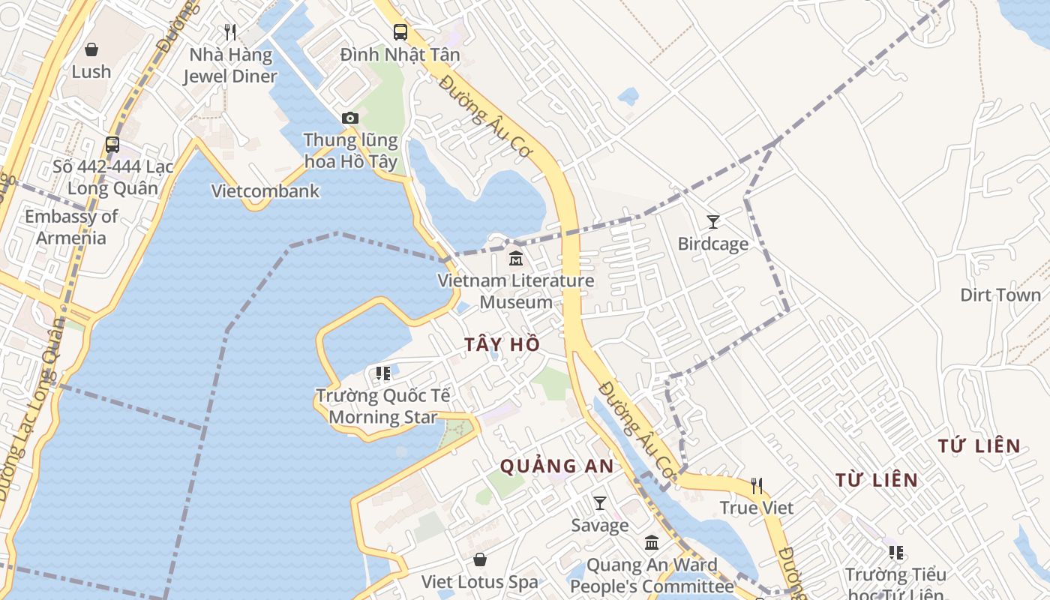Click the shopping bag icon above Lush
point(91,49)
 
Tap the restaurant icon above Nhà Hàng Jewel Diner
point(230,32)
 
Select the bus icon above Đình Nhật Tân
point(400,31)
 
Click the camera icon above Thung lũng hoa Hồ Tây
point(349,118)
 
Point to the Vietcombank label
point(265,190)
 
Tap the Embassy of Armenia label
point(71,227)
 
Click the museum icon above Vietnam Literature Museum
point(516,259)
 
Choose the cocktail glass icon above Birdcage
point(713,221)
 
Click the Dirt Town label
point(1000,295)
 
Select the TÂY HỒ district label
point(502,344)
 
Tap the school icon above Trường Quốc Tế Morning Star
point(383,373)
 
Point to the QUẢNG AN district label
point(557,466)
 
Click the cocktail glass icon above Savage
point(600,502)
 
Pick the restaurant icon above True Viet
point(757,486)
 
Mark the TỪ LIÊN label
point(877,479)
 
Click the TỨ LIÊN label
point(979,446)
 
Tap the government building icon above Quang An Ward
point(652,541)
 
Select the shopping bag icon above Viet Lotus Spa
point(480,559)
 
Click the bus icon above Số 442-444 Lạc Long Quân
point(112,144)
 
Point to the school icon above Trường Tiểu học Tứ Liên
point(896,553)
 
